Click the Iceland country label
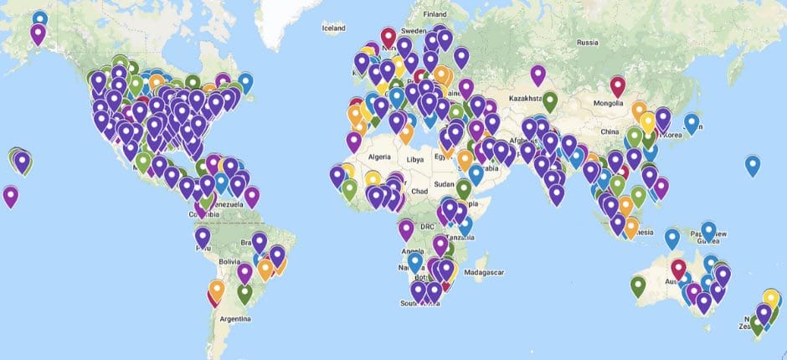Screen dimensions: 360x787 point(333,28)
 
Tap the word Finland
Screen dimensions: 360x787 point(435,14)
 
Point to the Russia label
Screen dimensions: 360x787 point(589,42)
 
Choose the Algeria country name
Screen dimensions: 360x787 point(380,157)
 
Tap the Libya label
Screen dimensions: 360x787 point(416,159)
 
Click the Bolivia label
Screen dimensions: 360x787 point(230,263)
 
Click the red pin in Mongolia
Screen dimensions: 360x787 point(618,85)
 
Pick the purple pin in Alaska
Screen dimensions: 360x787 point(38,33)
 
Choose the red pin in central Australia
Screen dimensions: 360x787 point(678,268)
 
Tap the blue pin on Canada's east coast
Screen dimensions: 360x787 point(245,82)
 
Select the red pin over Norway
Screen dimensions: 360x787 point(388,36)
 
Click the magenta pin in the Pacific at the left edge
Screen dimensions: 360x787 point(10,196)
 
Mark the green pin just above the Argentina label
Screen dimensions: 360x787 point(244,293)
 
